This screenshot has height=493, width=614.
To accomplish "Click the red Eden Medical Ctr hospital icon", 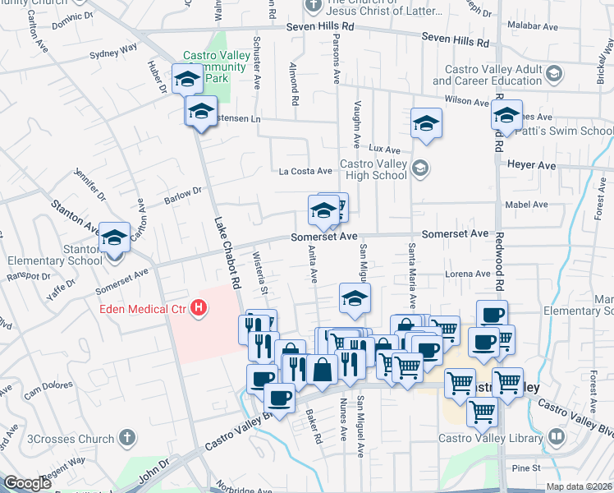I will [198, 309].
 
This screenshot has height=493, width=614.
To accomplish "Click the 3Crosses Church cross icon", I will [126, 437].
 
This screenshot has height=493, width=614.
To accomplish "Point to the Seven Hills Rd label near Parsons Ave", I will [320, 27].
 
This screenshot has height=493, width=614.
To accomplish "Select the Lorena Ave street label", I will [467, 274].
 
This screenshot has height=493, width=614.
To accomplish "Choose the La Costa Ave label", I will [305, 171].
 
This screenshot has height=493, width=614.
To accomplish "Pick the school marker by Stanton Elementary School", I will [115, 238].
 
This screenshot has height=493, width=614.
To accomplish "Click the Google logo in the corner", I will [27, 483].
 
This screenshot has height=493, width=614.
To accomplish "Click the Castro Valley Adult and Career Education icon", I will [553, 75].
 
